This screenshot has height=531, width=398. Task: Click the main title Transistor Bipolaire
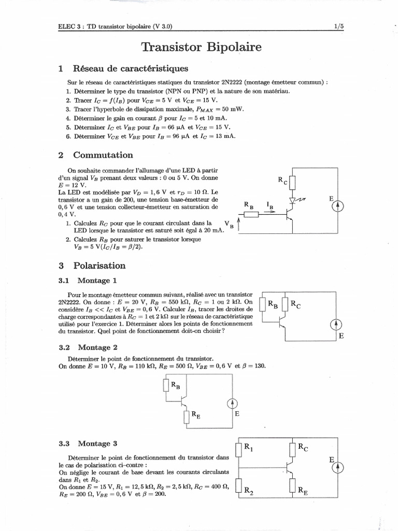[x=201, y=48]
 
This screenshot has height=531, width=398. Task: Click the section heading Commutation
[x=103, y=155]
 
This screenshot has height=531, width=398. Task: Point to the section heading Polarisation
[x=99, y=265]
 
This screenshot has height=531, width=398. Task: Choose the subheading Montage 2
[x=97, y=347]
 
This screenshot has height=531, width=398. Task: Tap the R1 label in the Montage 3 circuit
[x=248, y=447]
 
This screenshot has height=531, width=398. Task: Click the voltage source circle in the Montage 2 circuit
[x=233, y=403]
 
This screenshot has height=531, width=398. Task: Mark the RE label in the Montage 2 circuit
[x=195, y=414]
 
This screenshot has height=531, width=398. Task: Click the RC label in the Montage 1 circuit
[x=296, y=304]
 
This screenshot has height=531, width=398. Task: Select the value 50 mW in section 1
[x=232, y=109]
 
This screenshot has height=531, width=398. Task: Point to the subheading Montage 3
[x=97, y=443]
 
